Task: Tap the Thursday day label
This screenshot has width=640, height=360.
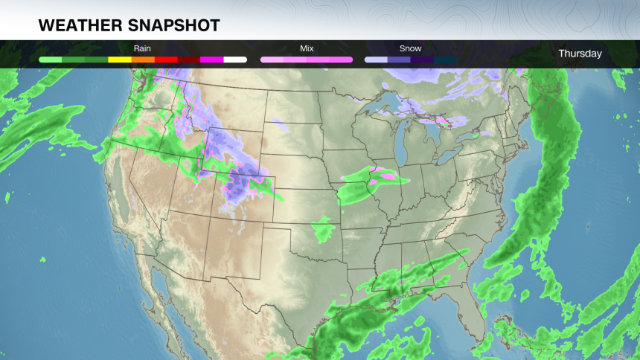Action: point(580,54)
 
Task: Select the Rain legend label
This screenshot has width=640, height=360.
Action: point(142,48)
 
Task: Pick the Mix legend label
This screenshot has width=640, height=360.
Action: point(307,48)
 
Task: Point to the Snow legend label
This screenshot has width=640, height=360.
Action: point(411,48)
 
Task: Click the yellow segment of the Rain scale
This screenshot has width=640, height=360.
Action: point(120,59)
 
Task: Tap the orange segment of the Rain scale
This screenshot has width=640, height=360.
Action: point(143,59)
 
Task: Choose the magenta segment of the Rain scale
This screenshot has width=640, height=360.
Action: point(212,59)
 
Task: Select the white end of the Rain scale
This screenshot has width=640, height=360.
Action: point(235,59)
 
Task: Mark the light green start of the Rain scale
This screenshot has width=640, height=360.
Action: point(50,59)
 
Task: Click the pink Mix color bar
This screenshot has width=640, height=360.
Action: point(307,59)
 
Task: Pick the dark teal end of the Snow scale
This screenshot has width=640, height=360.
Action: point(445,59)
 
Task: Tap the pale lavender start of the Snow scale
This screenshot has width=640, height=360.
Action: point(376,59)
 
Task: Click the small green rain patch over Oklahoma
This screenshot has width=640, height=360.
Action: point(323,230)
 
